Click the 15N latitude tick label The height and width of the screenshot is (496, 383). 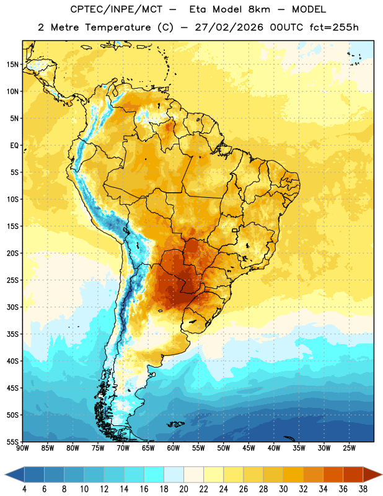12,64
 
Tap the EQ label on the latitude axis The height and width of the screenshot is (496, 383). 14,146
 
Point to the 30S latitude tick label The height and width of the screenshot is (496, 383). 12,307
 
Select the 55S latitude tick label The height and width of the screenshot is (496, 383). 12,442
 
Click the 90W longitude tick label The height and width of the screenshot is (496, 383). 22,448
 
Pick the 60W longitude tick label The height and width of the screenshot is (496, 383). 174,448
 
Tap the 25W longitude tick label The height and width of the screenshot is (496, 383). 349,448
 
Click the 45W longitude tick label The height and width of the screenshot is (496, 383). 249,448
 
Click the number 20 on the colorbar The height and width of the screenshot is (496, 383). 183,489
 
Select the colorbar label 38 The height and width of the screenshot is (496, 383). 363,489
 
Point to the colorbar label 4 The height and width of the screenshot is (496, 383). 24,489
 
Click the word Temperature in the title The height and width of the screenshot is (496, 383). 118,27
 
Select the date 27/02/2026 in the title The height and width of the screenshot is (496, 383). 229,27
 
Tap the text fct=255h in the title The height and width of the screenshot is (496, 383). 334,27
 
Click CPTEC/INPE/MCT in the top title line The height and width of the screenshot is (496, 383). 116,9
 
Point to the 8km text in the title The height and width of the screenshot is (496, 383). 259,9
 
